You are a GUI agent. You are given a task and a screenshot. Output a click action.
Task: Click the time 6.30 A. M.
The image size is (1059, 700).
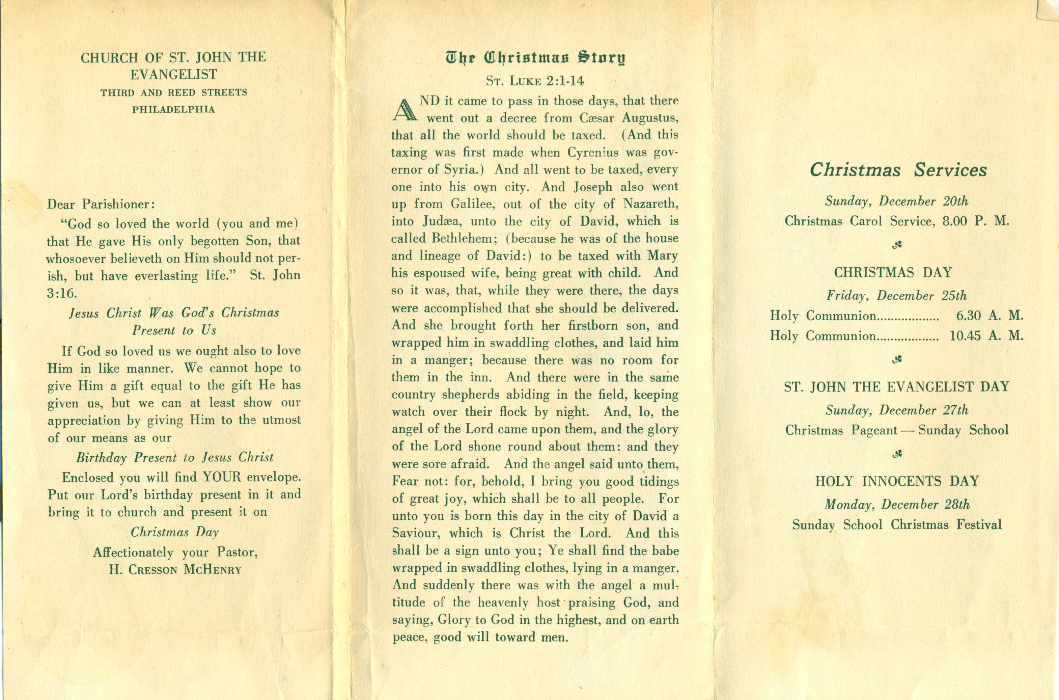click(989, 316)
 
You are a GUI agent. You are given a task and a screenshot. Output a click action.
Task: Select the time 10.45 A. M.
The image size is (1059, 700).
click(986, 336)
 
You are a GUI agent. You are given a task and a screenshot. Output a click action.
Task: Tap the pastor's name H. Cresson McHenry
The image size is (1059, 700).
click(175, 570)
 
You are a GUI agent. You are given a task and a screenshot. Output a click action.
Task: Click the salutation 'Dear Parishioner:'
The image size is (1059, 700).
click(101, 205)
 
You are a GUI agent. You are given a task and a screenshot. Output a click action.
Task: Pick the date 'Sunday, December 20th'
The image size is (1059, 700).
click(897, 201)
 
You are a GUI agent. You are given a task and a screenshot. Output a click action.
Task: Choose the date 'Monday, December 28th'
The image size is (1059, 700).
click(897, 505)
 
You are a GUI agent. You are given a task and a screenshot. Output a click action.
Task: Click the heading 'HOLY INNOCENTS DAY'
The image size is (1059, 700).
click(897, 481)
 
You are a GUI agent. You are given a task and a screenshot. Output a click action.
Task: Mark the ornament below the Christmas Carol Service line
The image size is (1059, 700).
click(897, 245)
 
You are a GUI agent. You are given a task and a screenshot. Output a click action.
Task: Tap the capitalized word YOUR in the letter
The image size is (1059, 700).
click(221, 477)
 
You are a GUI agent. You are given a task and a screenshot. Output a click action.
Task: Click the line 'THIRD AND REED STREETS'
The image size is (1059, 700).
click(174, 93)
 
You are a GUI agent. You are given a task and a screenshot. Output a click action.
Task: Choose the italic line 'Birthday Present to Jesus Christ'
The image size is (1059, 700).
click(174, 458)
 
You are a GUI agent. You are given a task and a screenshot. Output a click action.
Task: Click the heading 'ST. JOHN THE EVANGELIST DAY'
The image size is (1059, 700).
click(897, 386)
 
